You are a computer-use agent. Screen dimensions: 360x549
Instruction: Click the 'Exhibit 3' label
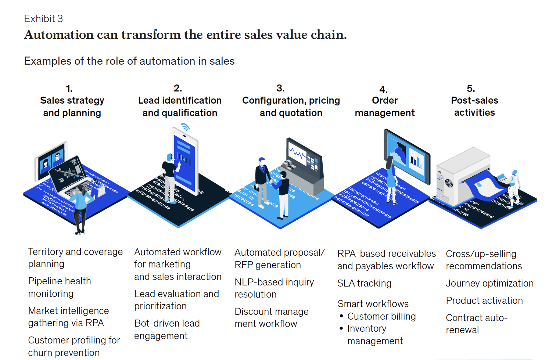point(43,18)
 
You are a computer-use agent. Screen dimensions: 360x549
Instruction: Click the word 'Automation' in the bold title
point(59,35)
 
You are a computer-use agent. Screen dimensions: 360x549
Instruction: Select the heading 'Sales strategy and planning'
point(72,107)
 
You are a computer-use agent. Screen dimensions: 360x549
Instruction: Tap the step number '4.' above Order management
point(383,90)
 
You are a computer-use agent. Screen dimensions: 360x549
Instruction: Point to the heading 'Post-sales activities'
point(474,106)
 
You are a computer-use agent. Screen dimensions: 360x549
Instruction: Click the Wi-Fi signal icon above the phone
point(185,127)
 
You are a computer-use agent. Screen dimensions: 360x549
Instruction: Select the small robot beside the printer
point(513,182)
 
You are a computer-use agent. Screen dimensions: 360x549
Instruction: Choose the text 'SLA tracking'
point(364,283)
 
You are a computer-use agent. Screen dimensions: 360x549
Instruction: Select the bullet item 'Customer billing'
point(381,316)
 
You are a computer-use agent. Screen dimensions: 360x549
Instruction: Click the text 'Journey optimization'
point(489,283)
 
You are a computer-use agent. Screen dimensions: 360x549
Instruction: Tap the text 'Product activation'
point(484,300)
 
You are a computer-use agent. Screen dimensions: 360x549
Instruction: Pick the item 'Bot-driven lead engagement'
point(167,330)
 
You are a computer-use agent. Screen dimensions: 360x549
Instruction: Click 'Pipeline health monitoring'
point(60,287)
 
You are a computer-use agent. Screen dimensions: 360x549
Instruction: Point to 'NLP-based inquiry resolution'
point(274,288)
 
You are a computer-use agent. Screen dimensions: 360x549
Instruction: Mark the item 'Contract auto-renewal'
point(476,324)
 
